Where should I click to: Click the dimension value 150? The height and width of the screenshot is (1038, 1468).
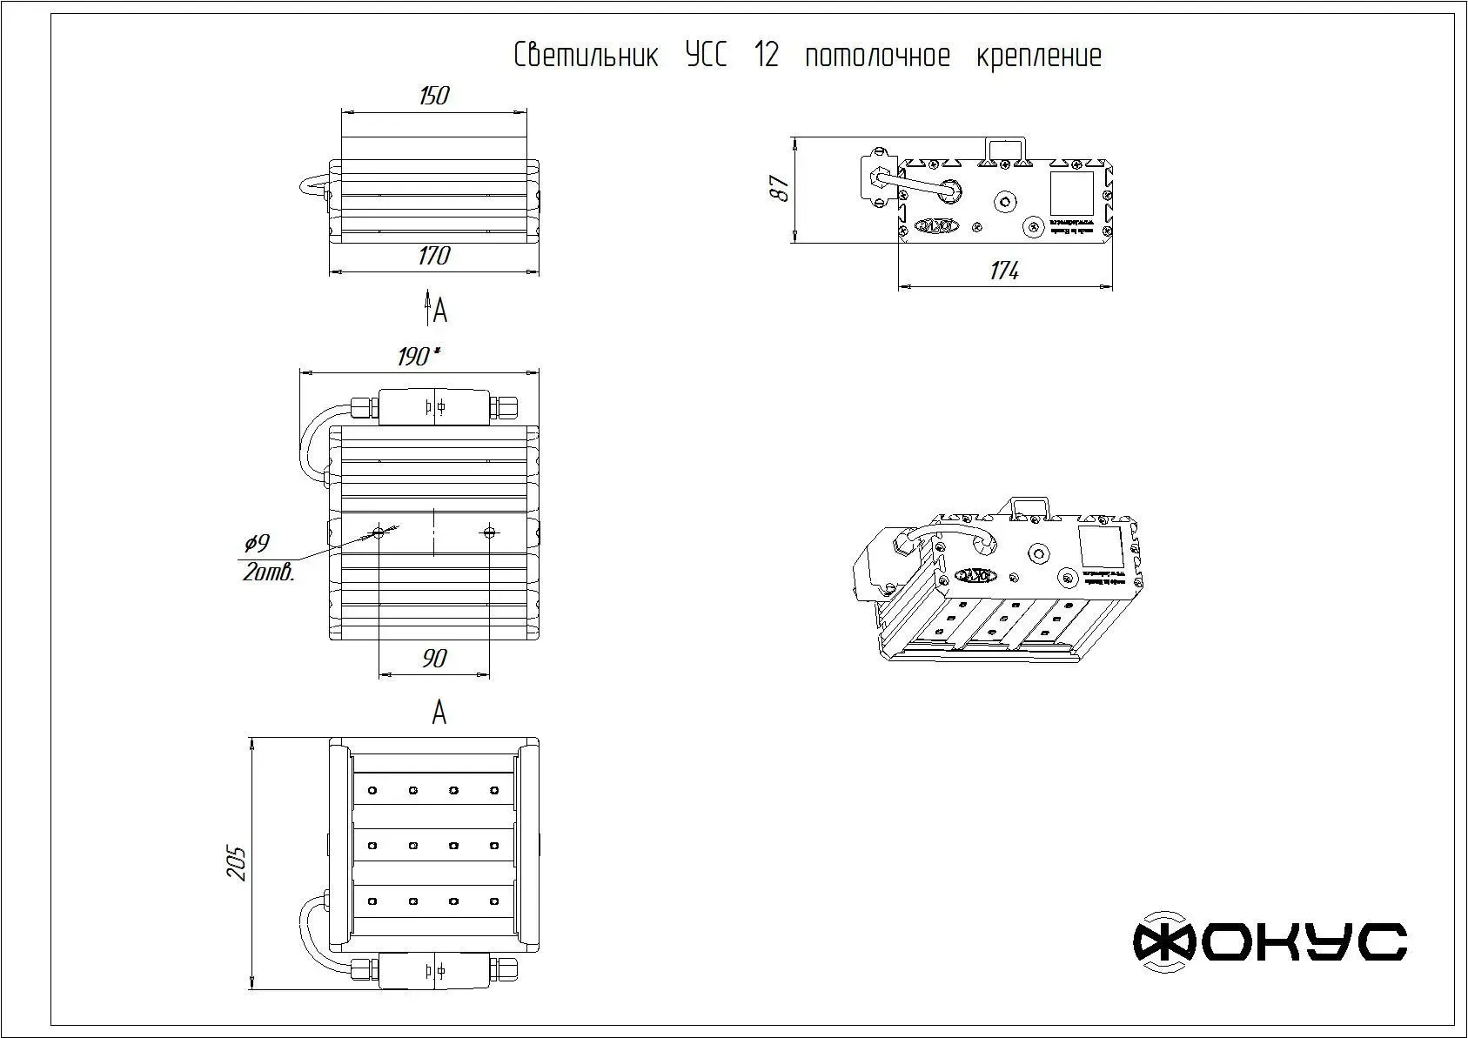click(433, 96)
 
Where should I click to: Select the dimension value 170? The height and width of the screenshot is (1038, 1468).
click(433, 256)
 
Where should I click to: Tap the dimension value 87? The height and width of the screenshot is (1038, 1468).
click(781, 189)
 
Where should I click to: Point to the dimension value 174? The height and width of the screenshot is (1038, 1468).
click(1004, 271)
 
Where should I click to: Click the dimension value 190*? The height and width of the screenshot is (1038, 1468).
click(419, 357)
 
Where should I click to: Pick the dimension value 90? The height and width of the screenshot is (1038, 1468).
click(434, 659)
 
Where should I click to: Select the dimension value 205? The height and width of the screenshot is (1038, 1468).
click(238, 862)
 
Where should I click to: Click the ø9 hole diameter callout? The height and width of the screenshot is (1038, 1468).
click(257, 544)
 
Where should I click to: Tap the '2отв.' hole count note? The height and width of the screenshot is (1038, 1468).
click(269, 573)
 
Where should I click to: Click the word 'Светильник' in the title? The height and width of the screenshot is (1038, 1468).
click(586, 56)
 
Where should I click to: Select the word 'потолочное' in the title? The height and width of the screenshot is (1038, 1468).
click(877, 56)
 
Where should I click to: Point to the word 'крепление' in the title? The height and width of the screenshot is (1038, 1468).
click(1039, 56)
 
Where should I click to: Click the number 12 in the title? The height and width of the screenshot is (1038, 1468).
click(767, 56)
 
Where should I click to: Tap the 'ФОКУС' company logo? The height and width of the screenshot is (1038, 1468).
click(1270, 941)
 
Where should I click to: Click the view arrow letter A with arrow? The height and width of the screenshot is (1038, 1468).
click(436, 309)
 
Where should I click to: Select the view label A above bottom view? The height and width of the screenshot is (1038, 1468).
click(439, 713)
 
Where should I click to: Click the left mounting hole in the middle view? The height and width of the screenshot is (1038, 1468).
click(379, 532)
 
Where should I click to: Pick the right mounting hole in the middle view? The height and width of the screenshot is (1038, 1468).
click(489, 532)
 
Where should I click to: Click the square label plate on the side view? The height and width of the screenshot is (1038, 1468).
click(1071, 193)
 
